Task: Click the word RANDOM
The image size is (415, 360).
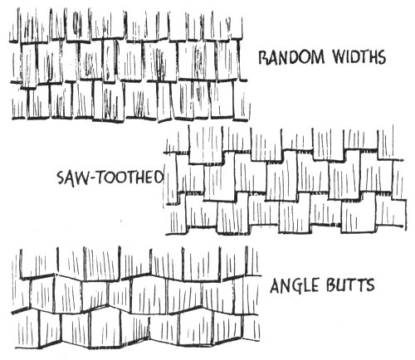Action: [291, 57]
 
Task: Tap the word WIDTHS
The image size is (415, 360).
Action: [359, 57]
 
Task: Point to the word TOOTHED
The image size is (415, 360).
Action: [130, 177]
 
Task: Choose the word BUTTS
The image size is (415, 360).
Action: [350, 285]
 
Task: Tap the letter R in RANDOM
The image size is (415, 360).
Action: [264, 57]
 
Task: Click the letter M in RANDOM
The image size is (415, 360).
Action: [317, 57]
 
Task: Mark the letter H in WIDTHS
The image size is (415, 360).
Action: [370, 57]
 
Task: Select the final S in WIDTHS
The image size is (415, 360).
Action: [381, 57]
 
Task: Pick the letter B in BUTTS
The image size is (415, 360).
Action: [331, 285]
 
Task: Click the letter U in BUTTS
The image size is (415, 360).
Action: [341, 285]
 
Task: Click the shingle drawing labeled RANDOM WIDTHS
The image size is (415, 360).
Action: [129, 65]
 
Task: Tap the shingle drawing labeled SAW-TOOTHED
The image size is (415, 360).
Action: [285, 180]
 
